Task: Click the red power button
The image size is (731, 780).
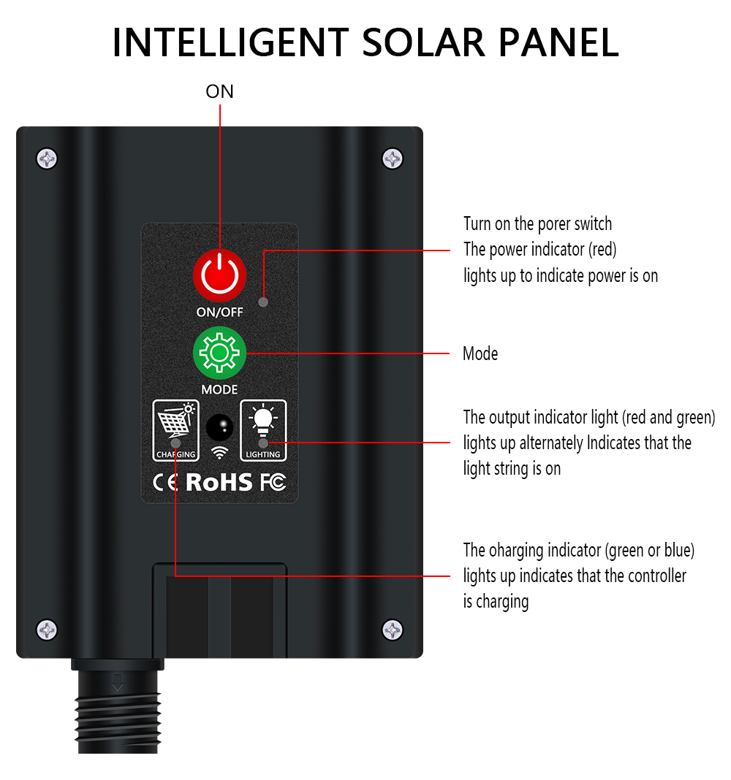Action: coord(219,275)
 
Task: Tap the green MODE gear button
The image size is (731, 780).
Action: coord(219,353)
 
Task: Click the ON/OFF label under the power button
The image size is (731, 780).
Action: coord(219,312)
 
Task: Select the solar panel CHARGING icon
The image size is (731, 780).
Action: coord(175,431)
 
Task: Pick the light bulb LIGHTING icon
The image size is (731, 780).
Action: coord(263,431)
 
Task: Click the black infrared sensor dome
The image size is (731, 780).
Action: coord(219,427)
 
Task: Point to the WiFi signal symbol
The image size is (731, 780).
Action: coord(219,452)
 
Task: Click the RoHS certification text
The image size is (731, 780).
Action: coord(219,482)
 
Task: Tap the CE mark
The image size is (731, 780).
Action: coord(165,483)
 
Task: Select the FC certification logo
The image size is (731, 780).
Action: coord(273,482)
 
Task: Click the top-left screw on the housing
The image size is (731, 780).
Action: coord(47,159)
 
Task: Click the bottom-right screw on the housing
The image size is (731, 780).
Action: coord(393,630)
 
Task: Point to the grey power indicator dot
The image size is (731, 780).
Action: coord(263,302)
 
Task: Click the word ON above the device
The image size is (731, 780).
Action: coord(219,91)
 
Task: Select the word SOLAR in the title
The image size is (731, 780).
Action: coord(423,43)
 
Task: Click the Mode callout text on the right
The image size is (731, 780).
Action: coord(480,353)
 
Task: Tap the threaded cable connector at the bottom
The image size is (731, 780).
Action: coord(118,706)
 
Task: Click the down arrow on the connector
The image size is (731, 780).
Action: coord(118,682)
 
